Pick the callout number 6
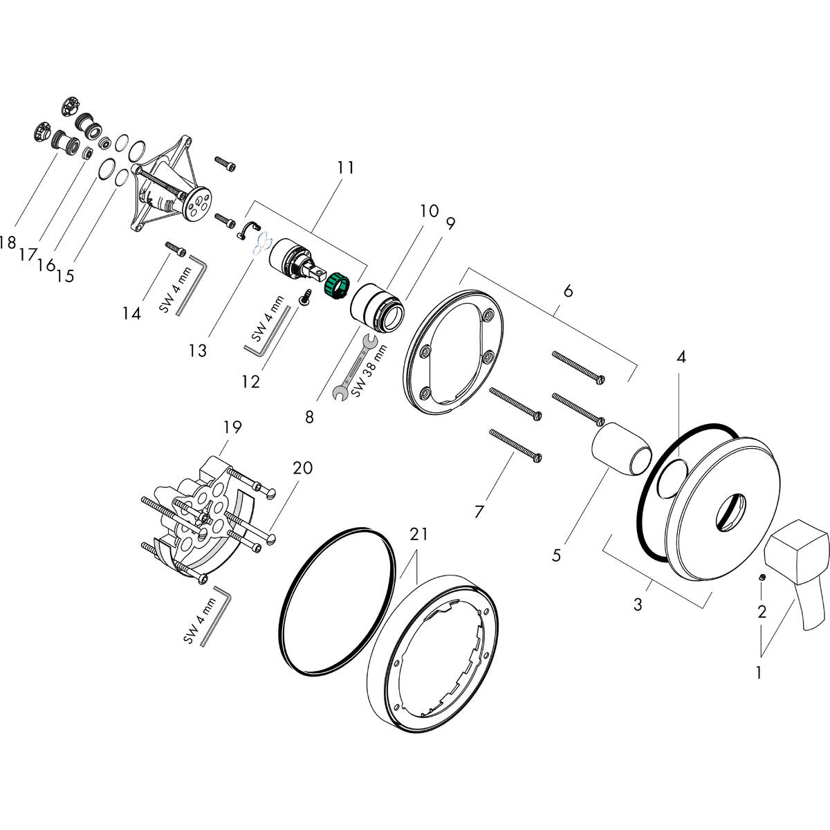[x=567, y=291]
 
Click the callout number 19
[x=232, y=427]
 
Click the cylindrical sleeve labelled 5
[x=621, y=450]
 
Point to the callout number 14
[x=131, y=313]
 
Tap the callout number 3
[x=637, y=605]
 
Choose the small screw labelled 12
[x=305, y=297]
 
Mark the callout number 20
[x=302, y=468]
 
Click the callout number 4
[x=681, y=357]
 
